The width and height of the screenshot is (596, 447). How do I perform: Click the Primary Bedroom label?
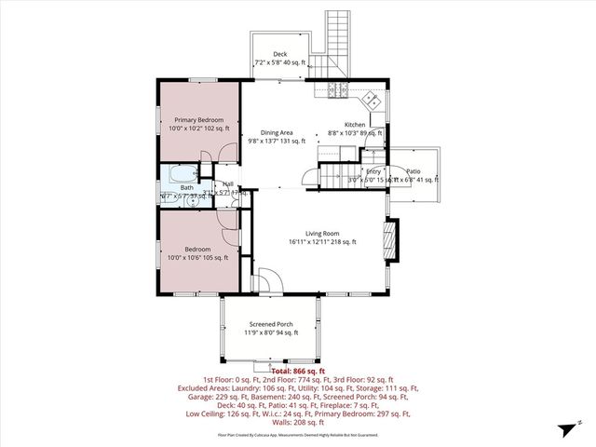(x=196, y=119)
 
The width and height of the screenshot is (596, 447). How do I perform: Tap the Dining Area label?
(x=277, y=133)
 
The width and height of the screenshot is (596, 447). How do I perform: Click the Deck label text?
(x=279, y=54)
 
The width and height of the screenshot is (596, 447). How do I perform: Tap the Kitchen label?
(x=355, y=125)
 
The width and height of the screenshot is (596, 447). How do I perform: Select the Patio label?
(x=413, y=171)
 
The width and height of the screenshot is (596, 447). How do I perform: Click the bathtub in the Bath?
(x=182, y=173)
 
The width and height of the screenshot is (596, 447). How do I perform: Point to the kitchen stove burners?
(x=335, y=89)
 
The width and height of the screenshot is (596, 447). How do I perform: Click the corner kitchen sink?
(x=370, y=98)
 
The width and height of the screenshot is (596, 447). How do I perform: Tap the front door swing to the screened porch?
(x=264, y=280)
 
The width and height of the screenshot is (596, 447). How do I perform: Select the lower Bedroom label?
(x=196, y=250)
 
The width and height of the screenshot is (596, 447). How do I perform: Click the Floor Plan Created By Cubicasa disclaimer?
(x=297, y=435)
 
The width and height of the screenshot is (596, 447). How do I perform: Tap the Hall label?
(x=227, y=185)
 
